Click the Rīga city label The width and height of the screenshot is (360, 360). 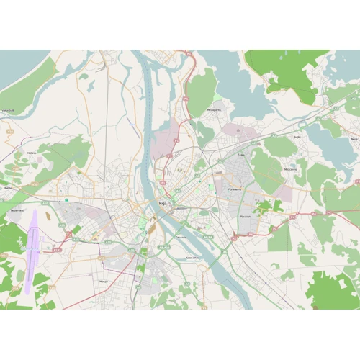(163, 204)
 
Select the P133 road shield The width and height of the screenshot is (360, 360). (58, 250)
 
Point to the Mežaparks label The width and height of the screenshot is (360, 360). (214, 110)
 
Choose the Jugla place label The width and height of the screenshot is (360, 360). (297, 136)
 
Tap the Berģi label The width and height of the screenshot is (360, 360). (353, 138)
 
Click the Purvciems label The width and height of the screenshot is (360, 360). (235, 189)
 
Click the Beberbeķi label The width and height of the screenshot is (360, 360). (17, 210)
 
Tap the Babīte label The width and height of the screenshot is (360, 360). (9, 188)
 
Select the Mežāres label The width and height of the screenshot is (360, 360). (31, 153)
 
